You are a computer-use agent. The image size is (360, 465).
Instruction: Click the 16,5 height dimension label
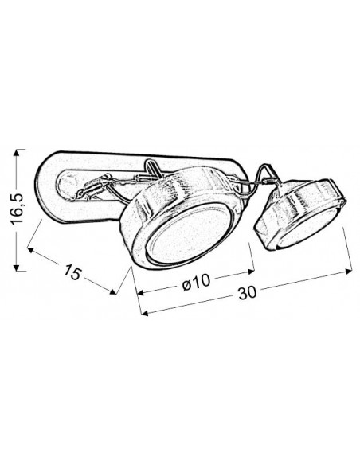pyautogui.click(x=18, y=209)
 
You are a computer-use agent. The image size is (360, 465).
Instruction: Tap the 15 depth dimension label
pyautogui.click(x=72, y=272)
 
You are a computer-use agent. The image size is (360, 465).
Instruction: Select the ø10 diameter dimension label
pyautogui.click(x=196, y=282)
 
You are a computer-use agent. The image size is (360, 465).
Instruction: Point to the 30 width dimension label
pyautogui.click(x=246, y=293)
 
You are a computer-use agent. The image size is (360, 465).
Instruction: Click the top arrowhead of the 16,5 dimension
pyautogui.click(x=18, y=152)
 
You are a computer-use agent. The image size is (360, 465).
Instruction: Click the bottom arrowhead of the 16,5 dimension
pyautogui.click(x=18, y=268)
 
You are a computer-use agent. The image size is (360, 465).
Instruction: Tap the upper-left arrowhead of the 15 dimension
pyautogui.click(x=30, y=250)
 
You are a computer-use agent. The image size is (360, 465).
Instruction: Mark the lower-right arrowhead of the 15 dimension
pyautogui.click(x=112, y=291)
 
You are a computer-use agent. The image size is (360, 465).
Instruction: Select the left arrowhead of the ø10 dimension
pyautogui.click(x=140, y=293)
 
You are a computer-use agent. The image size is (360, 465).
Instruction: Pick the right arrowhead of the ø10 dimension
pyautogui.click(x=251, y=271)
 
